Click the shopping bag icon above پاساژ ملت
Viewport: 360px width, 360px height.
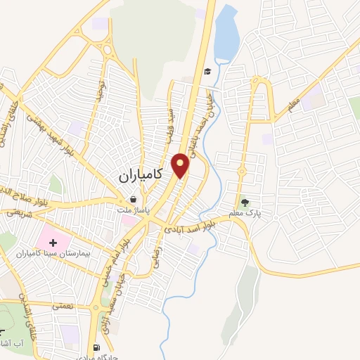[x=132, y=200]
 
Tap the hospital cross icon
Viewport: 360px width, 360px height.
[x=53, y=243]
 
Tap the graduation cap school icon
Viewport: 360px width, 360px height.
[x=207, y=71]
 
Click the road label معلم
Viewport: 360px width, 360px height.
[x=295, y=105]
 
